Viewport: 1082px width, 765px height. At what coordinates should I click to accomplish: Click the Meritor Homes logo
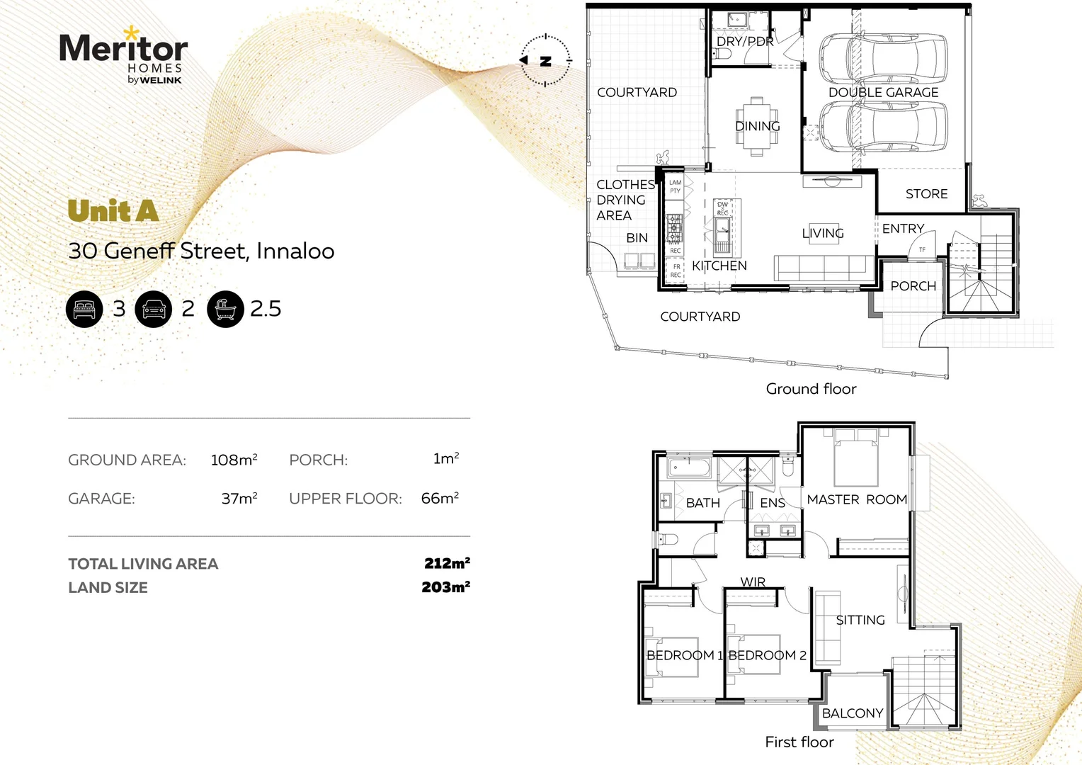click(124, 57)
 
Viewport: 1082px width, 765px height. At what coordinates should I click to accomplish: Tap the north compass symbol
click(545, 60)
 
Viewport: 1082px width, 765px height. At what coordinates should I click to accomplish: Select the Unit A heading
click(113, 211)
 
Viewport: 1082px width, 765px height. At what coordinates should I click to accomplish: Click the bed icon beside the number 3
click(84, 309)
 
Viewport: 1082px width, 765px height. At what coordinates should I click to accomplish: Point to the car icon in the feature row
click(154, 309)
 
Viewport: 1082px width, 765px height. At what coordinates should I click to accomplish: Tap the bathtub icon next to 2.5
click(225, 309)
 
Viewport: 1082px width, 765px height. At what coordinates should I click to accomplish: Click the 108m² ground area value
click(234, 460)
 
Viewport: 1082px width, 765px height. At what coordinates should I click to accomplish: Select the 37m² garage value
click(239, 499)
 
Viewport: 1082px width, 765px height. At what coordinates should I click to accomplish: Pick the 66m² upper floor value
click(439, 499)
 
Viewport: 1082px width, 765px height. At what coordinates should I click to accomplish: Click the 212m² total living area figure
click(447, 564)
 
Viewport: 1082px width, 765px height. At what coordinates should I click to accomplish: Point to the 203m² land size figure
click(445, 587)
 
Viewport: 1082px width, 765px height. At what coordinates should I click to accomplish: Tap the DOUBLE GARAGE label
click(883, 93)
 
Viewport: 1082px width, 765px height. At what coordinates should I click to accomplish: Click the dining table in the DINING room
click(757, 126)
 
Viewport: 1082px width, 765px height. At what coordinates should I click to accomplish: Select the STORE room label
click(926, 194)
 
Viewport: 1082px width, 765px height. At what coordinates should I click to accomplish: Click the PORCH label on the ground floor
click(913, 286)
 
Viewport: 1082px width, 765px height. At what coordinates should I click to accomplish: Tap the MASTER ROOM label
click(857, 500)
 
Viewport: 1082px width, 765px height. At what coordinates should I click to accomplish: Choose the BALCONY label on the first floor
click(853, 713)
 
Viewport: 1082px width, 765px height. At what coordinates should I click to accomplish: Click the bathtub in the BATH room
click(689, 468)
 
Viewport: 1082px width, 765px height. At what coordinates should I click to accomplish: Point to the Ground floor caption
click(811, 389)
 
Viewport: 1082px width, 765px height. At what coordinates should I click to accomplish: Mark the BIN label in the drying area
click(637, 238)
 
